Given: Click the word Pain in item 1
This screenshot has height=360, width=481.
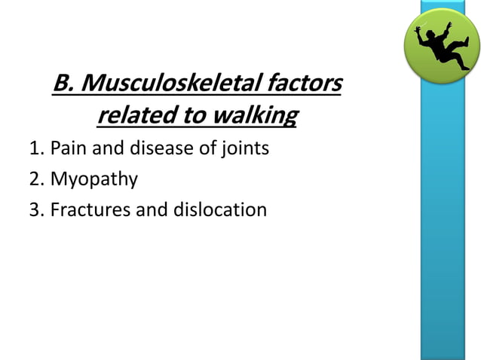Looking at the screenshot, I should pyautogui.click(x=69, y=148).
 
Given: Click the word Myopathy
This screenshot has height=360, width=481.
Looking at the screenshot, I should pyautogui.click(x=94, y=179).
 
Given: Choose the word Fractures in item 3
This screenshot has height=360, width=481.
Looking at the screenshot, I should pyautogui.click(x=90, y=209).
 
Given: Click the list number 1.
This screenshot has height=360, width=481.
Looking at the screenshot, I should pyautogui.click(x=35, y=148).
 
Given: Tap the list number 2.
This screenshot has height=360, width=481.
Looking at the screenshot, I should pyautogui.click(x=35, y=178).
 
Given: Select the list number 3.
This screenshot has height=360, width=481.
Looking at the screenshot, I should pyautogui.click(x=35, y=209).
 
